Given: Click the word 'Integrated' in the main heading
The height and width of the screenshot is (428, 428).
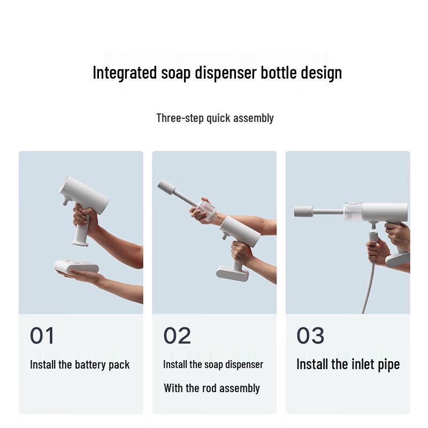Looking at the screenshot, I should tap(125, 73).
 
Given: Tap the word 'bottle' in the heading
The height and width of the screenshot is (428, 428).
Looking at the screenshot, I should tap(278, 73).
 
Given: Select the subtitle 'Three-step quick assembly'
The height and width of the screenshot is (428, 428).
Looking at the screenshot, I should tap(215, 118).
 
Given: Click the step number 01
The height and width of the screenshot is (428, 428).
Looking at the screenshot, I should tap(42, 336).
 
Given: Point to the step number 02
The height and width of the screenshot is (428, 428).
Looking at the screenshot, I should tap(177, 336).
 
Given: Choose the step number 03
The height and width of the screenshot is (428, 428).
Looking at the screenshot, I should tap(310, 336).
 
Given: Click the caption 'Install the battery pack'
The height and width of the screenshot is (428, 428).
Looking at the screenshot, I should tap(80, 365).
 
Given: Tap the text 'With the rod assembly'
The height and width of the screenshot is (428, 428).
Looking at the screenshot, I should tap(211, 388).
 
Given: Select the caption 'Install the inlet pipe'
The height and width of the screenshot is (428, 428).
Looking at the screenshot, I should tap(348, 365).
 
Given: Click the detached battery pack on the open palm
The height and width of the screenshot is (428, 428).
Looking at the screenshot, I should tap(77, 266).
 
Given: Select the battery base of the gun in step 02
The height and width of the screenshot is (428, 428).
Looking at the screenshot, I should tap(233, 273).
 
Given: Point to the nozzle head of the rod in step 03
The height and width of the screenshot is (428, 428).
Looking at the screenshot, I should tap(303, 211).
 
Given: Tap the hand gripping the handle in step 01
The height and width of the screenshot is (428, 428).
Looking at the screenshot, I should tap(85, 218).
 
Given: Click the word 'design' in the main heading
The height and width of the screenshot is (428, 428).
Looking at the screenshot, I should tap(321, 73).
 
